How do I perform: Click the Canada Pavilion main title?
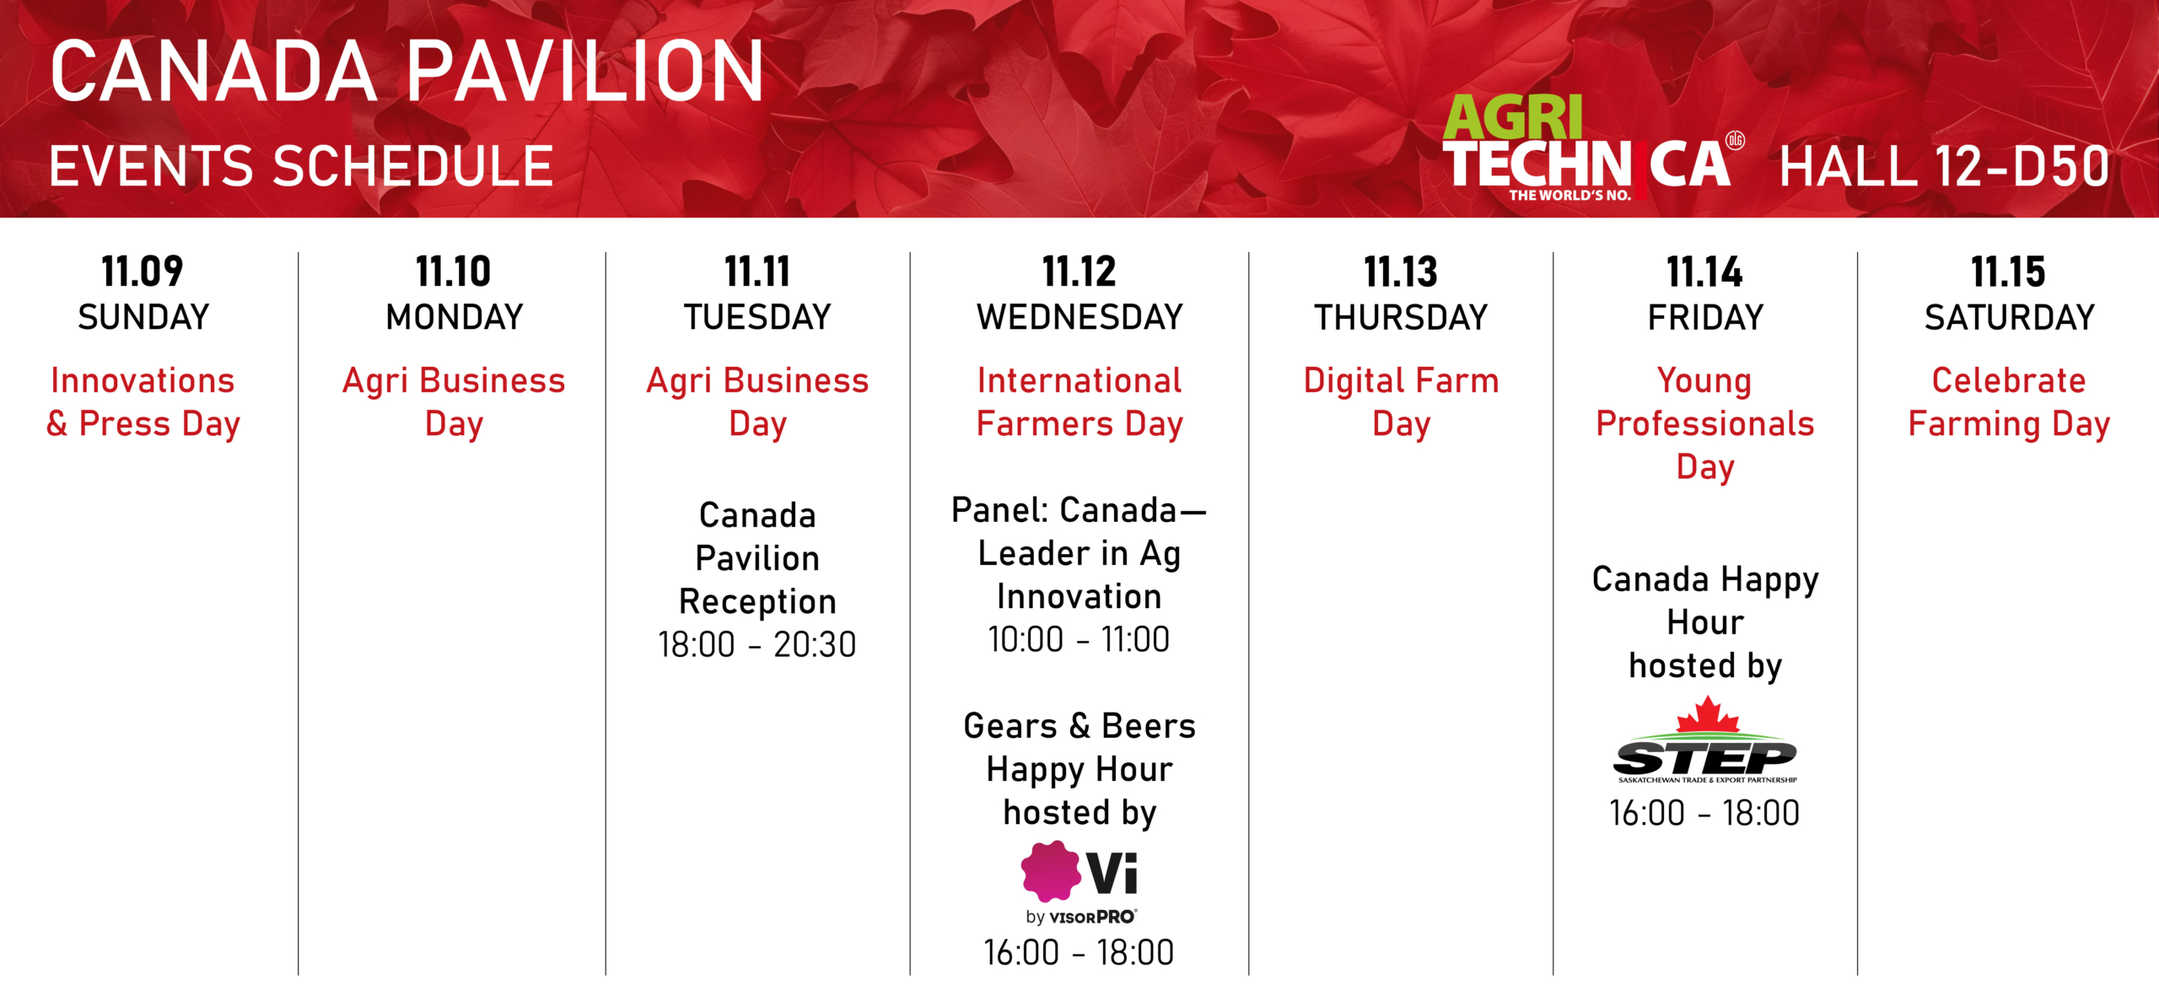point(407,72)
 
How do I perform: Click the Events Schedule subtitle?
point(301,165)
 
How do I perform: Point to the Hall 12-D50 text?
point(1944,166)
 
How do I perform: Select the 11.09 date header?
point(143,272)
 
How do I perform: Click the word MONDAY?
point(455,317)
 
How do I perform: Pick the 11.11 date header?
point(757,272)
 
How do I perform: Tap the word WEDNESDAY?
point(1079,317)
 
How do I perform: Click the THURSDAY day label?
point(1401,318)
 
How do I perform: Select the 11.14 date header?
point(1704,272)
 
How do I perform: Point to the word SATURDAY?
point(2009,318)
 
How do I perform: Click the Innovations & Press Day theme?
point(143,402)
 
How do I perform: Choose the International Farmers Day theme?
point(1079,402)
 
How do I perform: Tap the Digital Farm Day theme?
point(1401,402)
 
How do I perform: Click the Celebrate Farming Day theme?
point(2009,402)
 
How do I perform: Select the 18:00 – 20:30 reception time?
point(757,645)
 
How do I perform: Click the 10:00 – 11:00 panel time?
point(1079,640)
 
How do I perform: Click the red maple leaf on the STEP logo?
point(1707,714)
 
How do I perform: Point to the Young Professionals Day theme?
point(1705,423)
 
